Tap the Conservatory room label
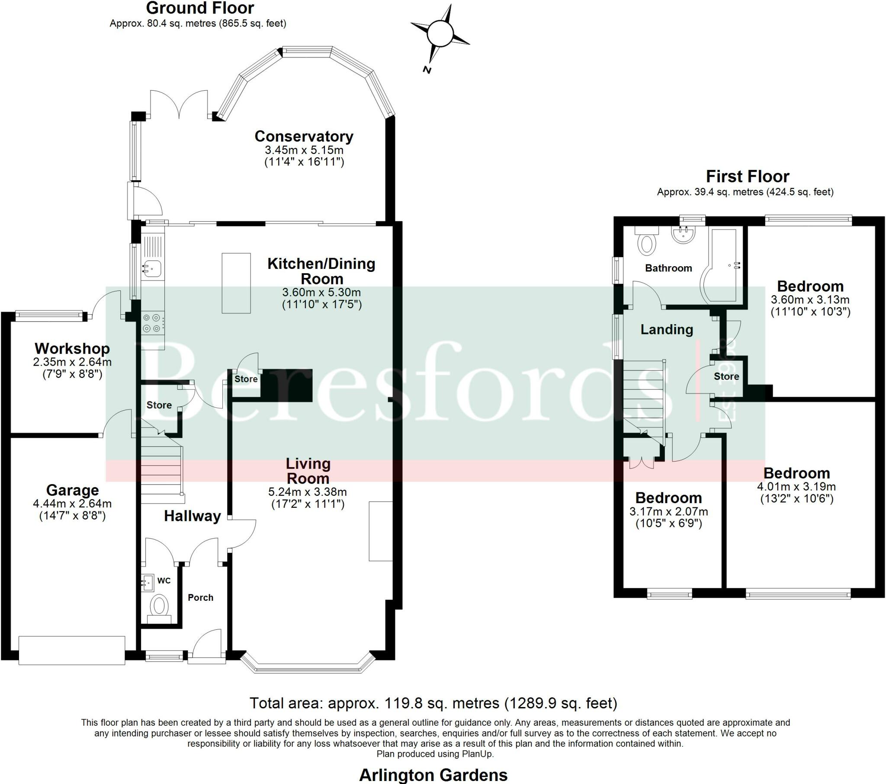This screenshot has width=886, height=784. click(304, 136)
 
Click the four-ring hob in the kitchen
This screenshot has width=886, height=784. click(152, 323)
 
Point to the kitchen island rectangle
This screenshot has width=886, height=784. click(236, 283)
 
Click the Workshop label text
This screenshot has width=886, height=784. click(72, 348)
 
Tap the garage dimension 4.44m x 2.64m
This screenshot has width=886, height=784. click(72, 504)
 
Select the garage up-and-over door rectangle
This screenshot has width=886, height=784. click(72, 650)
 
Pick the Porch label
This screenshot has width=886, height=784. click(200, 597)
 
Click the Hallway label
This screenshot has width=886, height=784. click(192, 516)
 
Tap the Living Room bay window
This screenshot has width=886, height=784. click(307, 667)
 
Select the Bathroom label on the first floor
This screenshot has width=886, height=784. click(668, 268)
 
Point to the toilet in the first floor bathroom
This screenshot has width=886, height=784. click(647, 243)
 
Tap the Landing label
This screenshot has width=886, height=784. click(667, 330)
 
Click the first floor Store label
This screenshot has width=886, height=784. click(726, 376)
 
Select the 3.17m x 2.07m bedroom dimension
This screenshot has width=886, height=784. click(668, 512)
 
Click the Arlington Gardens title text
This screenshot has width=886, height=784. click(433, 774)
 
